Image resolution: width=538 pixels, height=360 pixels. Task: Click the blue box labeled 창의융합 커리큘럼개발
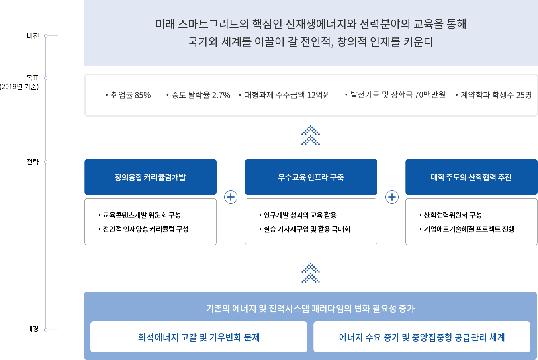click(150, 177)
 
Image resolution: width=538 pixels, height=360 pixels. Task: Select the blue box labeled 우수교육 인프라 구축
click(311, 177)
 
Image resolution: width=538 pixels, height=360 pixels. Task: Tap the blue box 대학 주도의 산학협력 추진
click(471, 177)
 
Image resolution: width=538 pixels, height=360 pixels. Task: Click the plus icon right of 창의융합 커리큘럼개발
click(231, 197)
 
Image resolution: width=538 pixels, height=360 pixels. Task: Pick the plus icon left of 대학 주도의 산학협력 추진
click(392, 197)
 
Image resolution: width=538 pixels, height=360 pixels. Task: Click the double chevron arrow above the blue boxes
click(310, 135)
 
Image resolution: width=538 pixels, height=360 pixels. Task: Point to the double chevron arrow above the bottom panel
click(310, 272)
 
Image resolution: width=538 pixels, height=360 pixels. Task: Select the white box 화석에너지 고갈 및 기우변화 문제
click(199, 337)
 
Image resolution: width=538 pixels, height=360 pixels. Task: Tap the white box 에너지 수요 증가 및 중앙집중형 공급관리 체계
click(422, 337)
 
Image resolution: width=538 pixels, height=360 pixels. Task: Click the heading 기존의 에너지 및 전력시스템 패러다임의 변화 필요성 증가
click(310, 309)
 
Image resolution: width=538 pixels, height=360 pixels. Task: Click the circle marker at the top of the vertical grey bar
click(46, 36)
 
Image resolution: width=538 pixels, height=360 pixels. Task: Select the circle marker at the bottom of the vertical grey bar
click(46, 330)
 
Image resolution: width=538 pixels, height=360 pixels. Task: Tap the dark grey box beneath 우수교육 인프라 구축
click(311, 222)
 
